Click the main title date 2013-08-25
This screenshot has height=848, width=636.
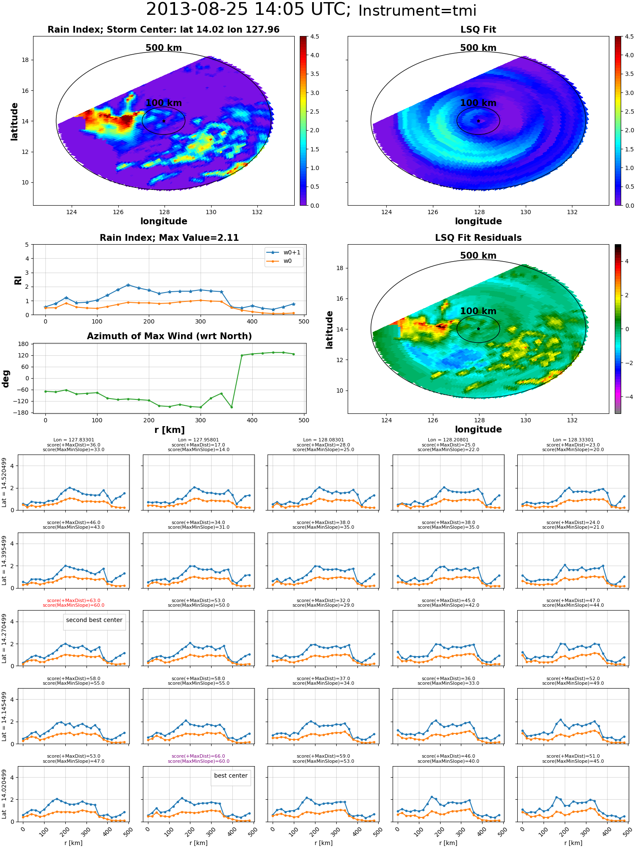click(x=197, y=10)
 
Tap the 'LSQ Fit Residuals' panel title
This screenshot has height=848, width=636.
click(x=478, y=238)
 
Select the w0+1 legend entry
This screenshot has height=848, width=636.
click(x=284, y=253)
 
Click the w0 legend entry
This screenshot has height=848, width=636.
click(x=279, y=261)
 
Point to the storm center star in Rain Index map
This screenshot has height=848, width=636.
click(x=164, y=121)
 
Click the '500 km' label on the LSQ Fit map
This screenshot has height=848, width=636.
click(x=478, y=48)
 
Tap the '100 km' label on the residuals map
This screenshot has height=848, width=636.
click(x=478, y=311)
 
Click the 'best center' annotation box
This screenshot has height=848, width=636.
click(x=231, y=776)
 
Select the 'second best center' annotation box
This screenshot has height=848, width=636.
click(x=94, y=620)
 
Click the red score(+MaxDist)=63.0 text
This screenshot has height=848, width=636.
click(x=74, y=601)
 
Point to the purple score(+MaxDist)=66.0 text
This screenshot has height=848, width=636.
click(x=198, y=756)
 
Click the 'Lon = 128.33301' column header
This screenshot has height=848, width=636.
click(x=573, y=440)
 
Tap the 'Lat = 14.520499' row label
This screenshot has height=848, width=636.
click(x=4, y=483)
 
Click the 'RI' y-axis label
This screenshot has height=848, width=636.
click(x=18, y=280)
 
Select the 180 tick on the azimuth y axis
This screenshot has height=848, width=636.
click(x=24, y=344)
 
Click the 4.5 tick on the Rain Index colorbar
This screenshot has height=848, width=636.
click(x=315, y=36)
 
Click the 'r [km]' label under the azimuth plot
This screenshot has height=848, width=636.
click(x=170, y=430)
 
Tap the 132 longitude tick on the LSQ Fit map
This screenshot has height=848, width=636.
click(x=572, y=212)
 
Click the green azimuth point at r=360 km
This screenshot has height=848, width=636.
click(x=232, y=407)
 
